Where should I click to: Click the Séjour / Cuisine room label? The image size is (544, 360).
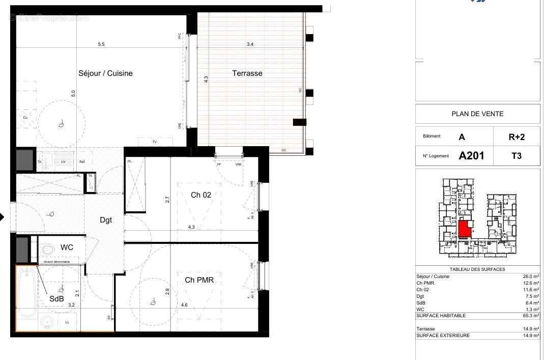pyautogui.click(x=105, y=73)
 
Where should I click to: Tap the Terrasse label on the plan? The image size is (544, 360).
pyautogui.click(x=247, y=73)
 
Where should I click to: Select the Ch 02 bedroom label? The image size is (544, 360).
pyautogui.click(x=201, y=195)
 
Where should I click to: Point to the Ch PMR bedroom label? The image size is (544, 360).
pyautogui.click(x=199, y=280)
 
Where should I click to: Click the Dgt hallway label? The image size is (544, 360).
pyautogui.click(x=105, y=220)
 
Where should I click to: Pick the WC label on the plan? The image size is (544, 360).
pyautogui.click(x=67, y=247)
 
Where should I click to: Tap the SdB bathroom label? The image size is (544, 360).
pyautogui.click(x=56, y=299)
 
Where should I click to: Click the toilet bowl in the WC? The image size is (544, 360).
pyautogui.click(x=48, y=249)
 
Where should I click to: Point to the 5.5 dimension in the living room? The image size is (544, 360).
pyautogui.click(x=101, y=45)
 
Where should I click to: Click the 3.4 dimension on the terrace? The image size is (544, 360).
pyautogui.click(x=250, y=45)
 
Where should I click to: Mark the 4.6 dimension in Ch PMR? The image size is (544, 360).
pyautogui.click(x=184, y=305)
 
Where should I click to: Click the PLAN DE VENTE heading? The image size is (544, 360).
pyautogui.click(x=477, y=114)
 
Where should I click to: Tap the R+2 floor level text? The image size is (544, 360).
pyautogui.click(x=517, y=137)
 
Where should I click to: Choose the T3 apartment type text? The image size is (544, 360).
pyautogui.click(x=517, y=156)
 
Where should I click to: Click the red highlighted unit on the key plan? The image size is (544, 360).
pyautogui.click(x=464, y=229)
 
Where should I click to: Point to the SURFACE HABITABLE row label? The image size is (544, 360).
pyautogui.click(x=441, y=316)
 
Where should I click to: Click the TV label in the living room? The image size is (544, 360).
pyautogui.click(x=154, y=142)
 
